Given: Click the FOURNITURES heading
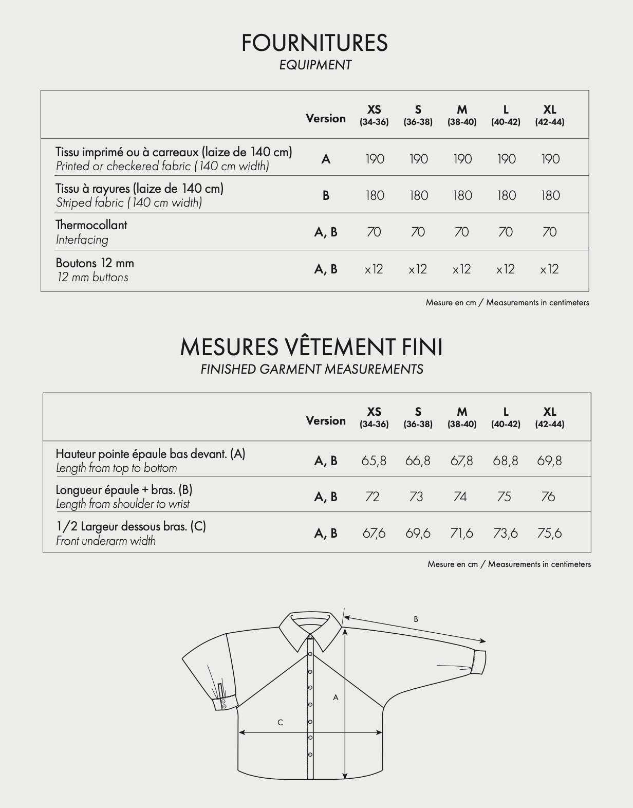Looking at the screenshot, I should pyautogui.click(x=314, y=43).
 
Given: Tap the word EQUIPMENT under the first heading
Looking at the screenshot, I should pyautogui.click(x=315, y=65).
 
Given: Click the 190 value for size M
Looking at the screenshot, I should pyautogui.click(x=462, y=159).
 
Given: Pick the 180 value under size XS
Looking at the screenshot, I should pyautogui.click(x=375, y=195).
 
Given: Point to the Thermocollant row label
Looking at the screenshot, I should pyautogui.click(x=91, y=225).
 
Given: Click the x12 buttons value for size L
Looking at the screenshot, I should pyautogui.click(x=506, y=269).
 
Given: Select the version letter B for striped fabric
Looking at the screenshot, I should pyautogui.click(x=326, y=195).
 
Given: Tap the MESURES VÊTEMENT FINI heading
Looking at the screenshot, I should pyautogui.click(x=311, y=347).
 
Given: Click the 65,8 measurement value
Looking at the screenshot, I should pyautogui.click(x=374, y=461).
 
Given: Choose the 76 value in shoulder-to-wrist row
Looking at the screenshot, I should pyautogui.click(x=548, y=497).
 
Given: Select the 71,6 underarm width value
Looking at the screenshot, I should pyautogui.click(x=461, y=533).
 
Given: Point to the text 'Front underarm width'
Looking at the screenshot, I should pyautogui.click(x=106, y=541).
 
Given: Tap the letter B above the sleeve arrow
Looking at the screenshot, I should pyautogui.click(x=416, y=619).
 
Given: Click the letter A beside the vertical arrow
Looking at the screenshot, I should pyautogui.click(x=336, y=697).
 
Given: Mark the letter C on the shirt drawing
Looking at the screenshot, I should pyautogui.click(x=280, y=722).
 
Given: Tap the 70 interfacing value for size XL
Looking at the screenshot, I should pyautogui.click(x=549, y=232).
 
